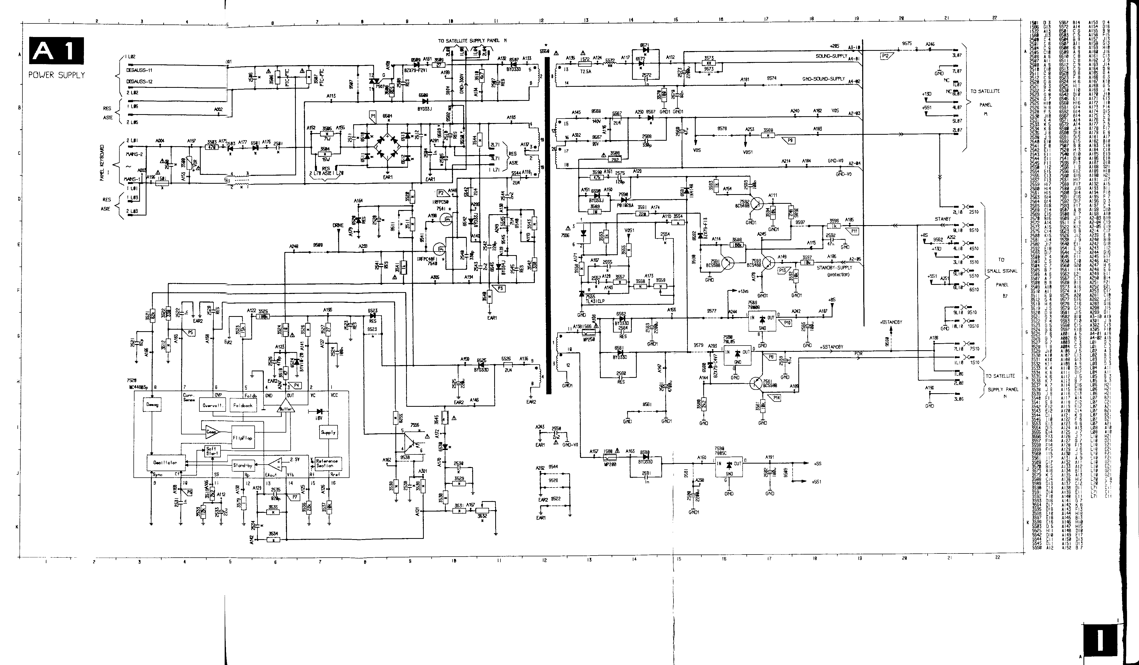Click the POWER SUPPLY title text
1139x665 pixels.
pos(57,75)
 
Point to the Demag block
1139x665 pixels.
pos(152,405)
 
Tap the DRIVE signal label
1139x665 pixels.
pos(338,225)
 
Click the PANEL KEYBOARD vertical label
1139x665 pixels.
pos(102,163)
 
